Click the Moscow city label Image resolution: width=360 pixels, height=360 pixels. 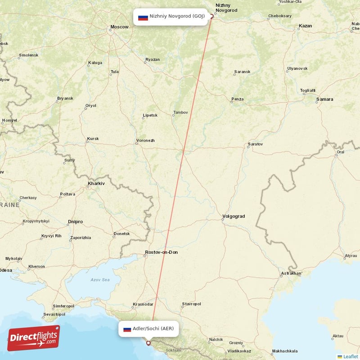click(120, 27)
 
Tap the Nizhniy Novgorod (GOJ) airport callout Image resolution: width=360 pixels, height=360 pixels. click(171, 17)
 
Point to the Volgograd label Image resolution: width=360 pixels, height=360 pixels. click(234, 216)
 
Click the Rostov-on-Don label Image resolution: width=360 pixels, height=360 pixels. click(162, 252)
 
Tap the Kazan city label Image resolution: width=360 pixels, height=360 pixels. click(305, 26)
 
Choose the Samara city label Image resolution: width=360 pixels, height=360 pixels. click(324, 99)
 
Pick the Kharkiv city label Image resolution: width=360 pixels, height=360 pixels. click(96, 184)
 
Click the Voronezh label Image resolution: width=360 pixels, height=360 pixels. click(145, 141)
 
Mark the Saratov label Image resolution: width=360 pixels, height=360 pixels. click(255, 144)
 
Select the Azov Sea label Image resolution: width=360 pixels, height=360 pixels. click(100, 280)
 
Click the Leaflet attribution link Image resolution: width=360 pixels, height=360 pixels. click(350, 356)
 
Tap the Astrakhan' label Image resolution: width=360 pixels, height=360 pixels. click(292, 273)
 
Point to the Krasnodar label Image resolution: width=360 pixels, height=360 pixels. click(143, 305)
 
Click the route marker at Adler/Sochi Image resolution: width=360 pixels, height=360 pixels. click(148, 343)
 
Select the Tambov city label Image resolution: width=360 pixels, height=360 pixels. click(180, 113)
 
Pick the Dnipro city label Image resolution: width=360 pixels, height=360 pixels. click(76, 222)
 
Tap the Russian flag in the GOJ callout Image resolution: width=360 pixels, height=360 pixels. click(143, 17)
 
